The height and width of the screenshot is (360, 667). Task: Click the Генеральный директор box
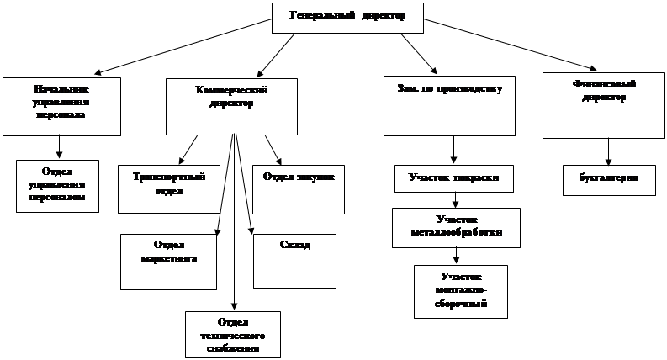pos(347,17)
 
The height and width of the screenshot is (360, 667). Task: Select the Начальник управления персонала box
pos(61,106)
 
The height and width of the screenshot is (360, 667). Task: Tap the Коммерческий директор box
pos(231,106)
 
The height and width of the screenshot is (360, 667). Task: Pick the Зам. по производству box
pos(449,106)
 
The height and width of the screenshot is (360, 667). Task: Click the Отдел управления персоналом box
pos(57,185)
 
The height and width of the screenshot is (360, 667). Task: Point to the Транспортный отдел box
pos(162,188)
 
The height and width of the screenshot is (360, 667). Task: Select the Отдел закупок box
pos(299,188)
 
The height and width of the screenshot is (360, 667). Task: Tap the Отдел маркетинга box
pos(169,262)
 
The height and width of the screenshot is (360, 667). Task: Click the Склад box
pos(294,261)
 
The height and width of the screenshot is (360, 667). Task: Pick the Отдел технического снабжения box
pos(233,335)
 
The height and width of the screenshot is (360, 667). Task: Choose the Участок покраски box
pos(454,178)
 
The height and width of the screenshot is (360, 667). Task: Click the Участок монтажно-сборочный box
pos(461,291)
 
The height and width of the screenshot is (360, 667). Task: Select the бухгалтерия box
pos(609,179)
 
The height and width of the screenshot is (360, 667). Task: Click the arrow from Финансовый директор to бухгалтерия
pos(608,151)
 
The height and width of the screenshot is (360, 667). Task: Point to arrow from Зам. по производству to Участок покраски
pos(454,150)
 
